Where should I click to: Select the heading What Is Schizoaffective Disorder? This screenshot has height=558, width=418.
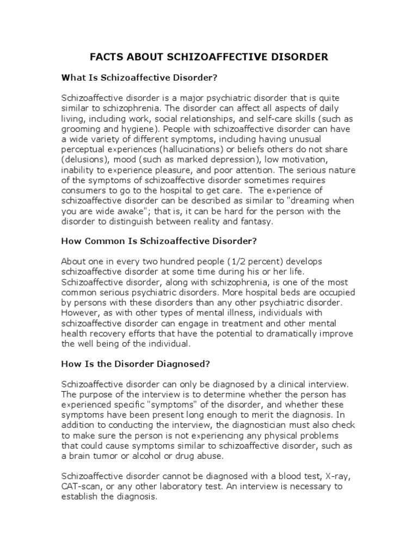click(139, 78)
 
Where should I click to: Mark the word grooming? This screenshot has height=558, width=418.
click(80, 128)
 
